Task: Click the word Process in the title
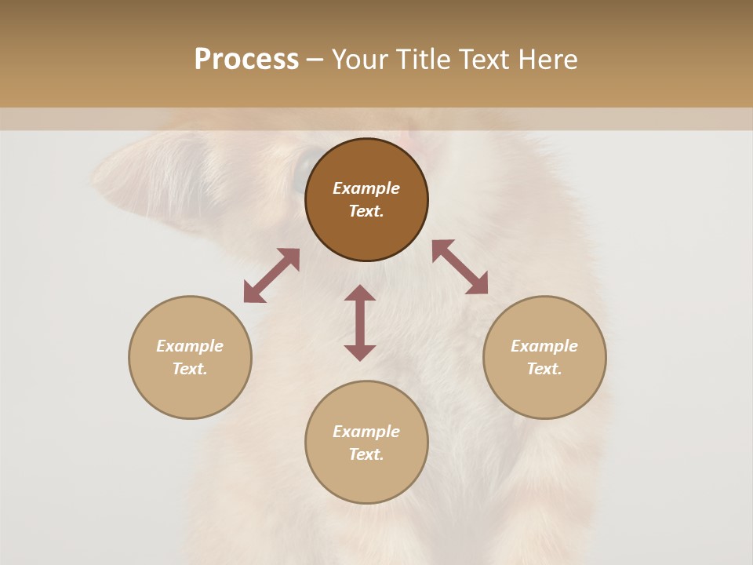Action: tap(246, 60)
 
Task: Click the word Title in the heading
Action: tap(420, 60)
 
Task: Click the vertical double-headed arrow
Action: tap(360, 323)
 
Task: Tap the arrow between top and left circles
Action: tap(271, 275)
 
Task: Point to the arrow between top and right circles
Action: tap(460, 267)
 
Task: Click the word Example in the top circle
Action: tap(366, 188)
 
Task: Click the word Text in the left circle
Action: tap(190, 369)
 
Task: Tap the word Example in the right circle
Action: tap(544, 346)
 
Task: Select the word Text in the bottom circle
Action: tap(366, 454)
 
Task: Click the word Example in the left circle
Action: tap(190, 346)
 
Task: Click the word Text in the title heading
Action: tap(485, 60)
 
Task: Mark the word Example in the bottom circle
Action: tap(366, 432)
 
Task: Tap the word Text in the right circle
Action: tap(544, 369)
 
